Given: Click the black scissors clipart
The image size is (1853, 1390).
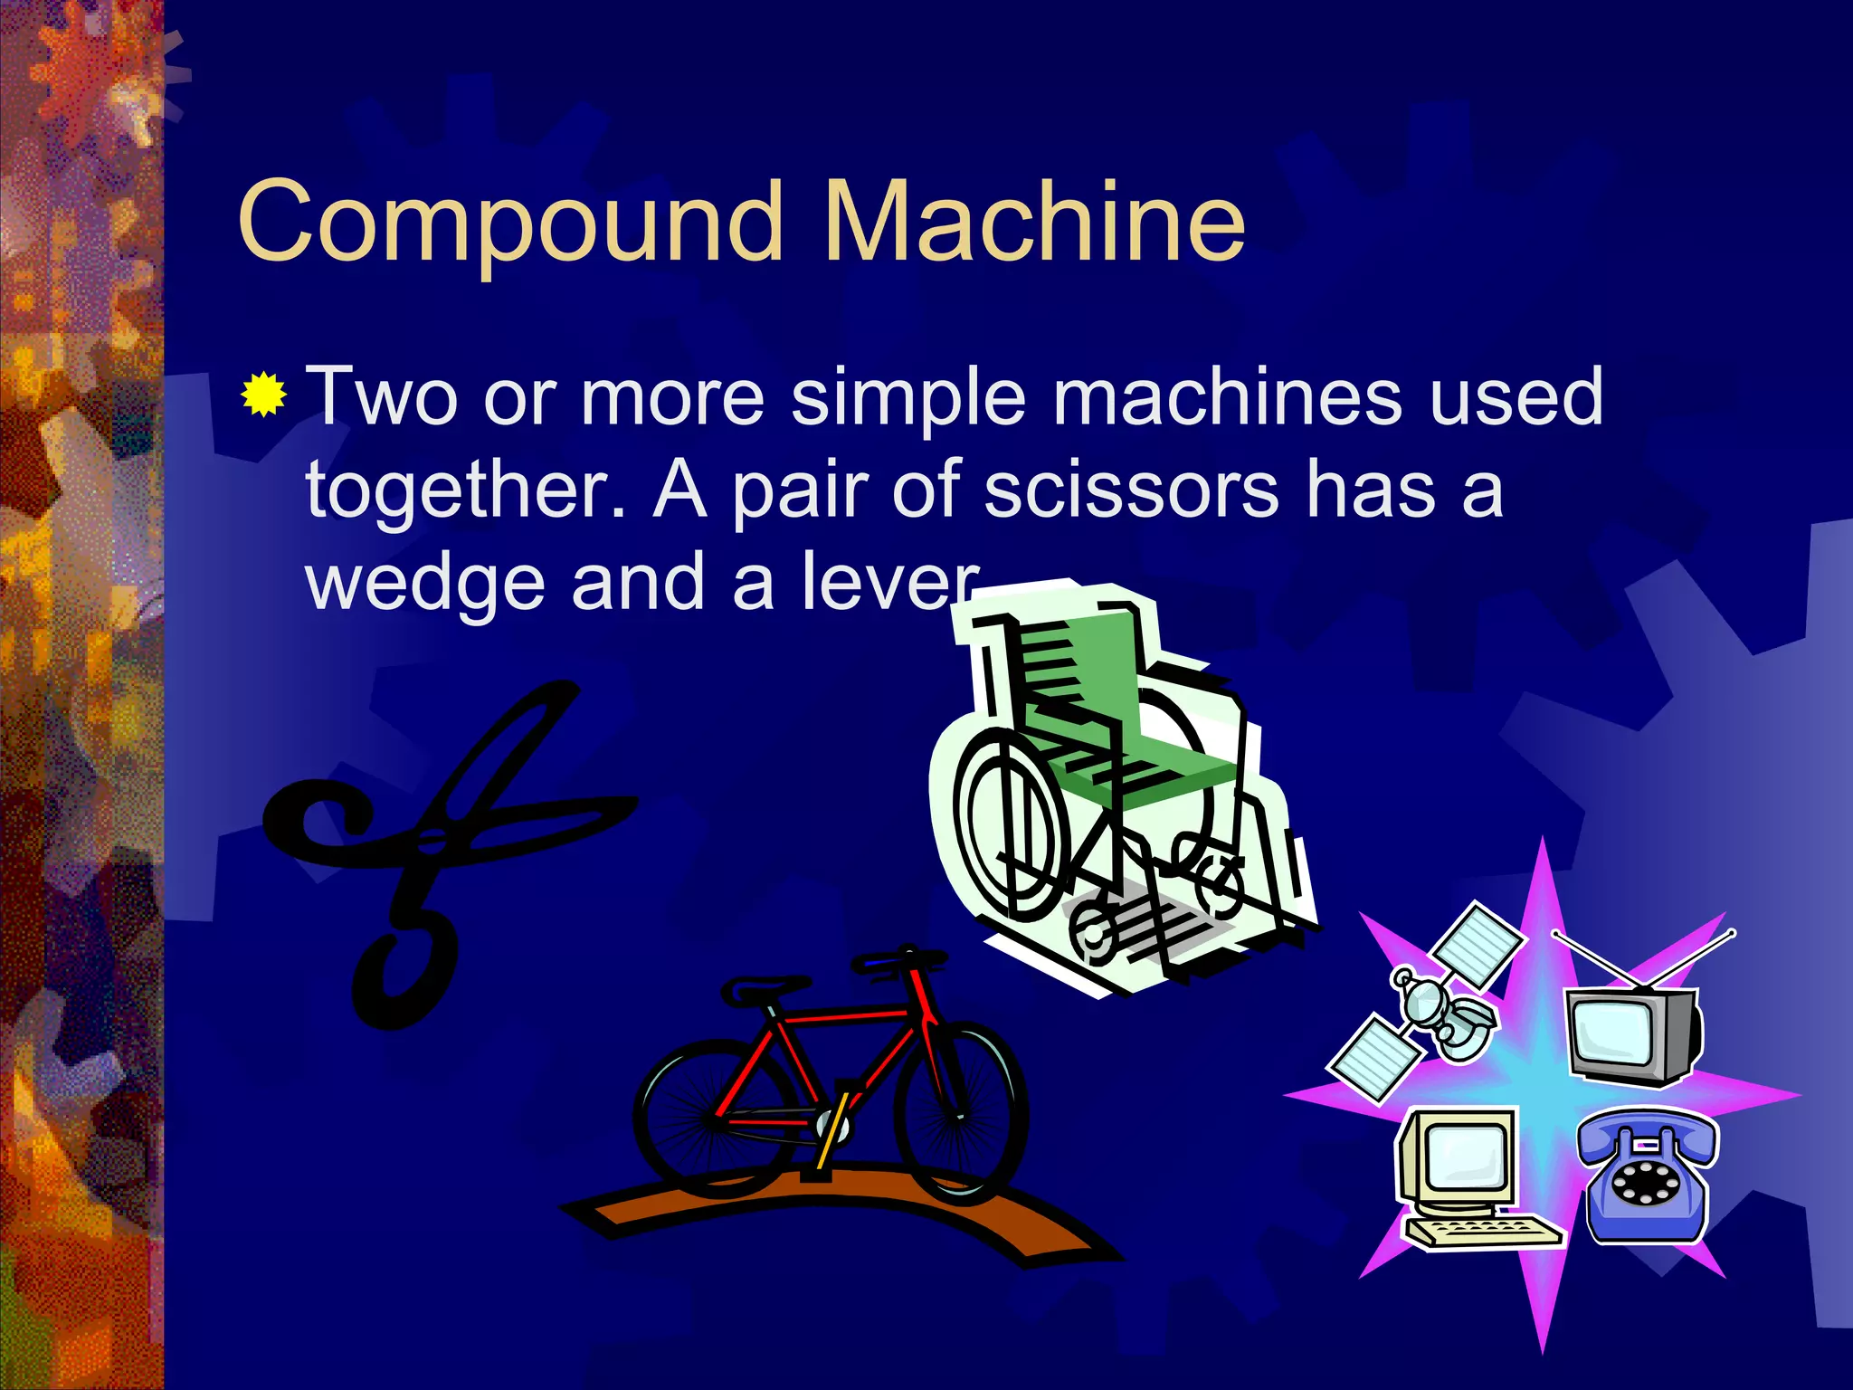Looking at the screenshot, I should pyautogui.click(x=434, y=842).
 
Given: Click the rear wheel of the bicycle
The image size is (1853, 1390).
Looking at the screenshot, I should pyautogui.click(x=715, y=1118).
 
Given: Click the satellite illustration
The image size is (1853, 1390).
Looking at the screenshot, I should pyautogui.click(x=1430, y=1004).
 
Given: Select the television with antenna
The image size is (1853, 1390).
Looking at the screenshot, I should pyautogui.click(x=1633, y=1032).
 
